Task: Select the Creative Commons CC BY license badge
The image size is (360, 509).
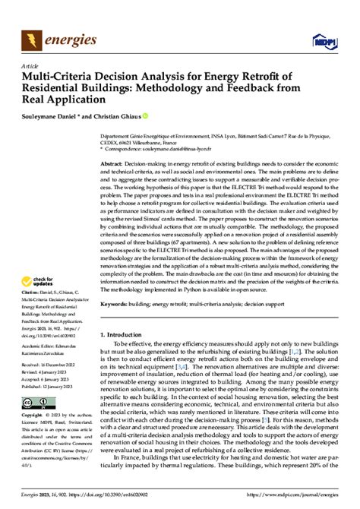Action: (36, 403)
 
